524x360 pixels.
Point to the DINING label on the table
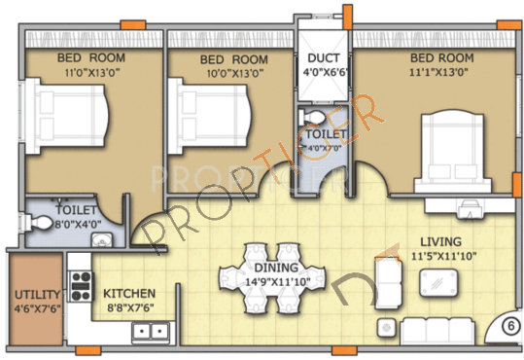tap(268, 268)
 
